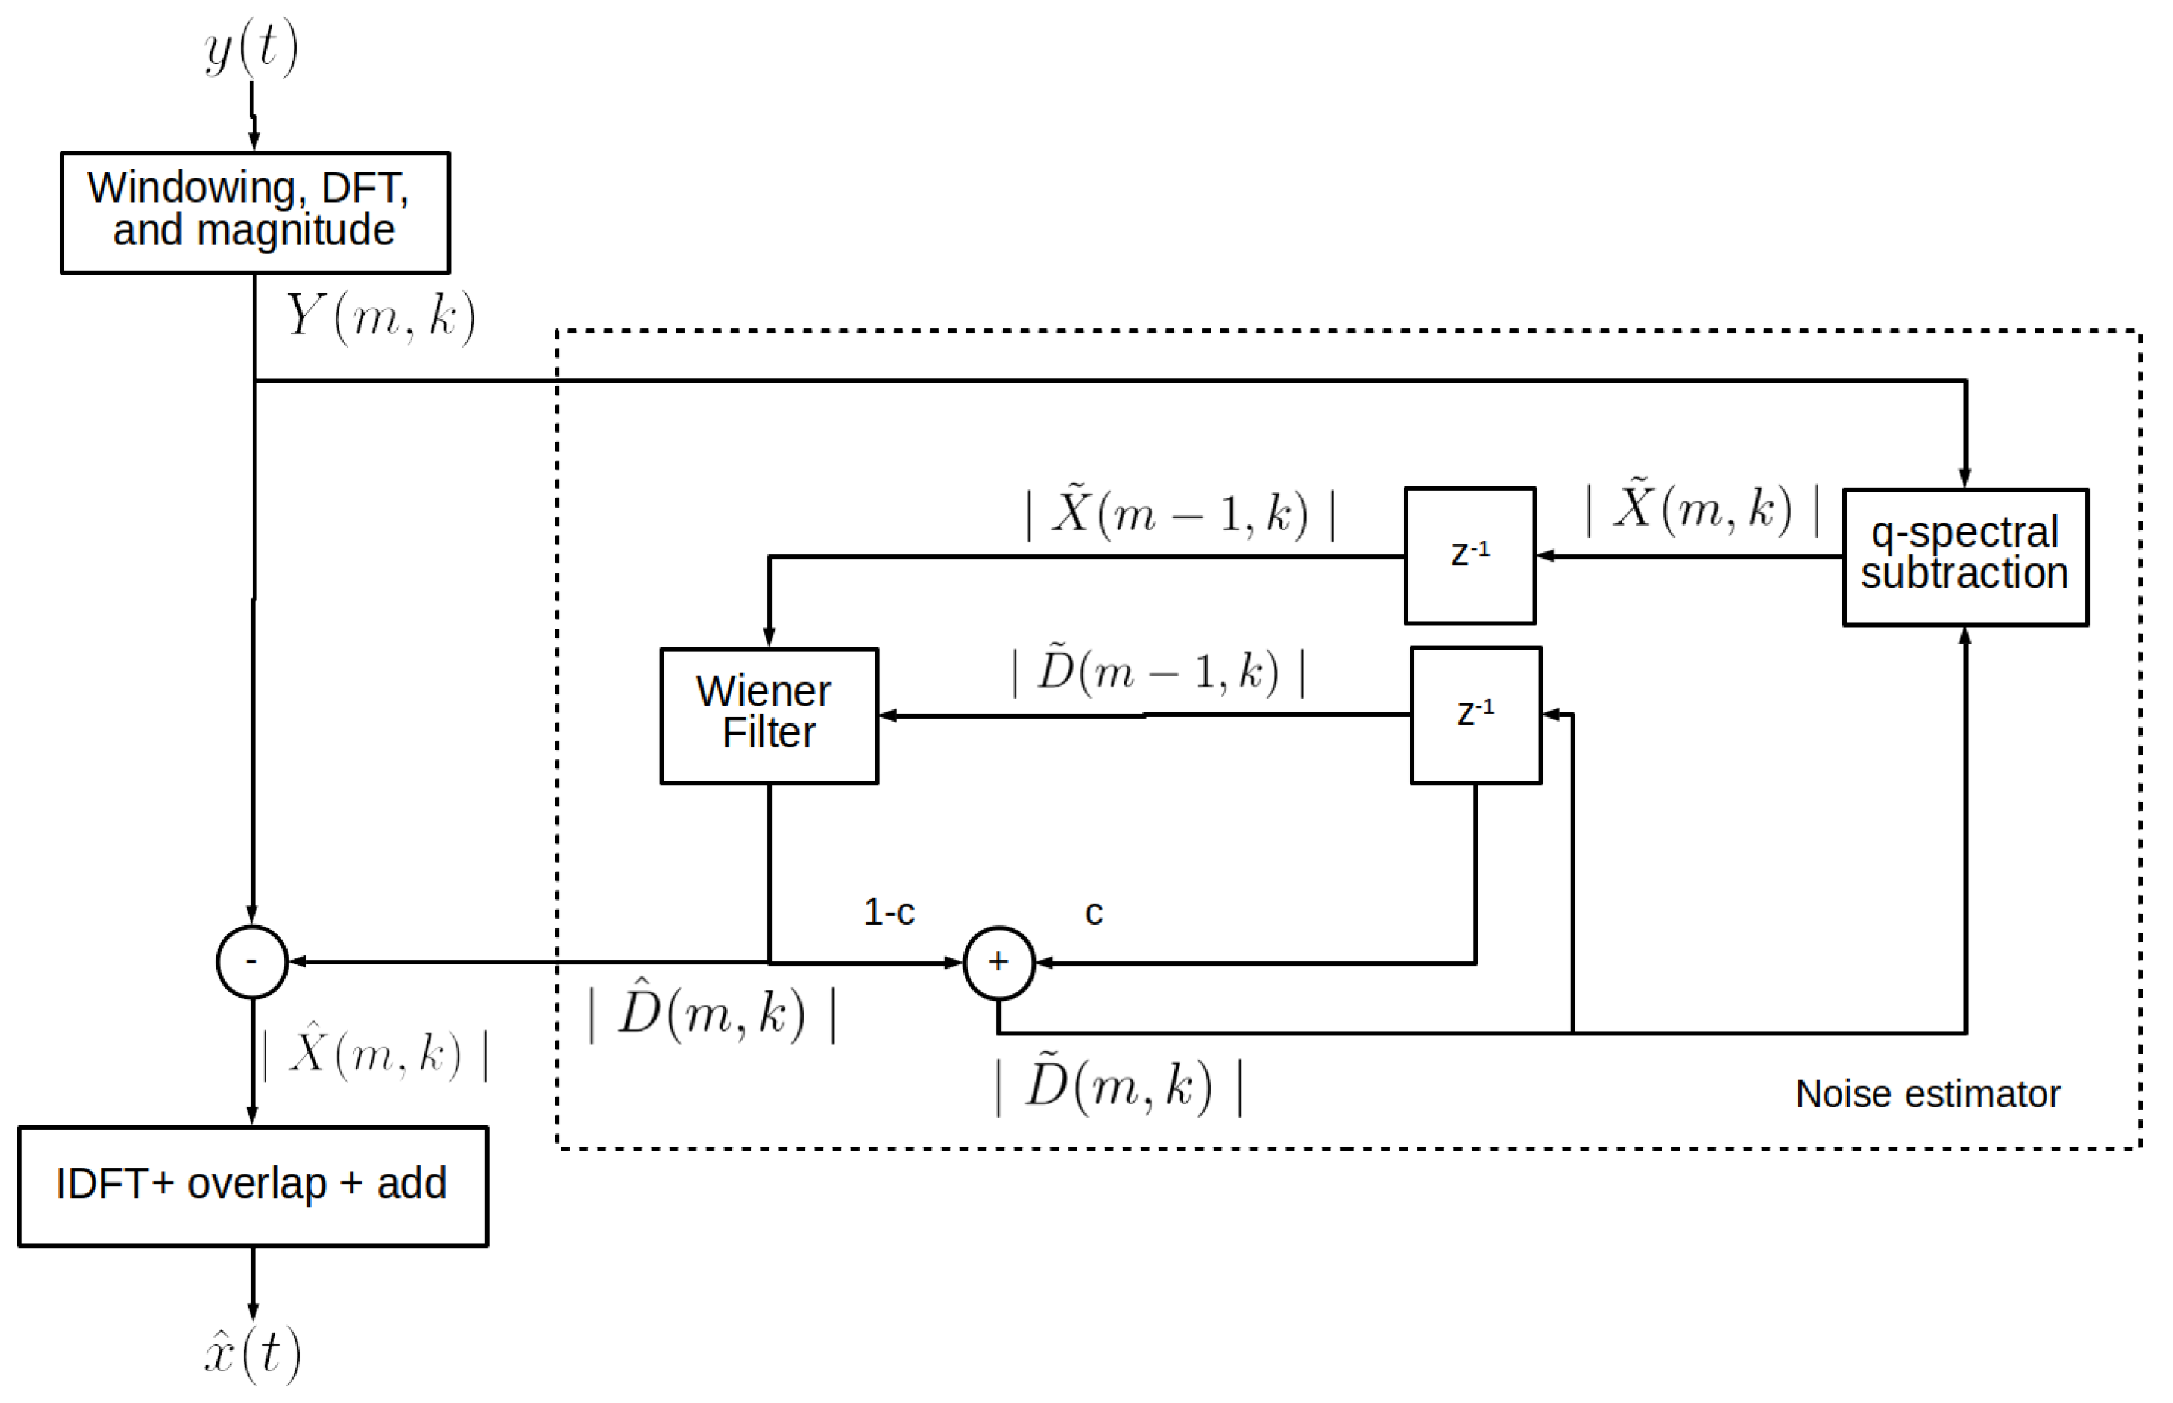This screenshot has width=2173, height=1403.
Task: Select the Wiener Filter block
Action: [x=768, y=715]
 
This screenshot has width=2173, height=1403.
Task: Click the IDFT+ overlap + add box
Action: [x=253, y=1185]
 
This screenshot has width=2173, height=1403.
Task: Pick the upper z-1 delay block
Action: [x=1469, y=555]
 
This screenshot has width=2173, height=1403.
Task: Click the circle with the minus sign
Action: [x=251, y=961]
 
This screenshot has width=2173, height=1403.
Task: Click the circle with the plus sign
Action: [x=998, y=962]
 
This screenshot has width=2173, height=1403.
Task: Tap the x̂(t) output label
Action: [x=251, y=1353]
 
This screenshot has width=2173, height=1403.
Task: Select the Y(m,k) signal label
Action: [x=380, y=317]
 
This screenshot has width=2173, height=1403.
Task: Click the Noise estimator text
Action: [x=1926, y=1093]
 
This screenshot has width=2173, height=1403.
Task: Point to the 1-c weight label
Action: [x=888, y=912]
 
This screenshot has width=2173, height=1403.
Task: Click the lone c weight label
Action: [x=1093, y=913]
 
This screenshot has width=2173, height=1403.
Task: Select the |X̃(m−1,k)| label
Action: [x=1180, y=512]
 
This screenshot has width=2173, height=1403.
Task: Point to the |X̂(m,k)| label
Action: [x=375, y=1054]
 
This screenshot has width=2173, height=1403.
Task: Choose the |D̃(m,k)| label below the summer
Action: [x=1118, y=1086]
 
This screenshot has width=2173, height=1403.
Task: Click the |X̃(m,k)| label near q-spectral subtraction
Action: [x=1702, y=508]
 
